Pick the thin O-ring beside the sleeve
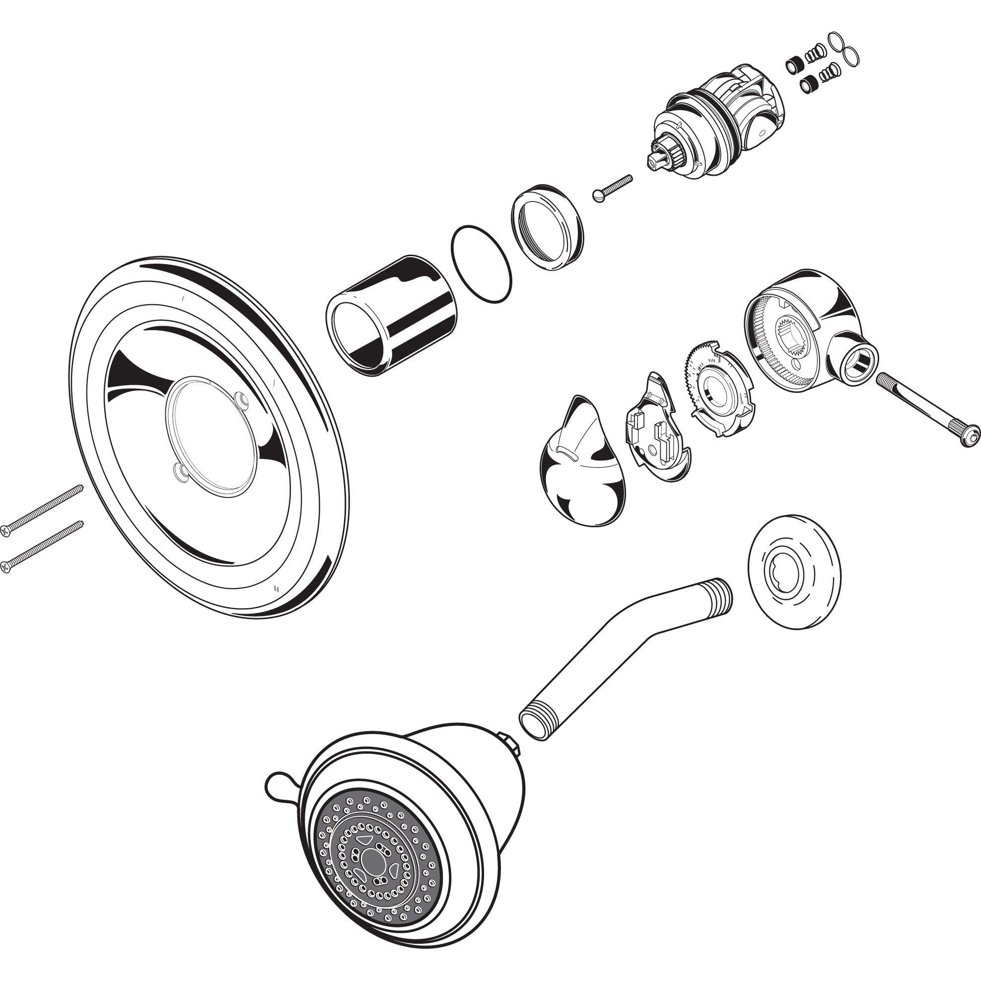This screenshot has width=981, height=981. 481,264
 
